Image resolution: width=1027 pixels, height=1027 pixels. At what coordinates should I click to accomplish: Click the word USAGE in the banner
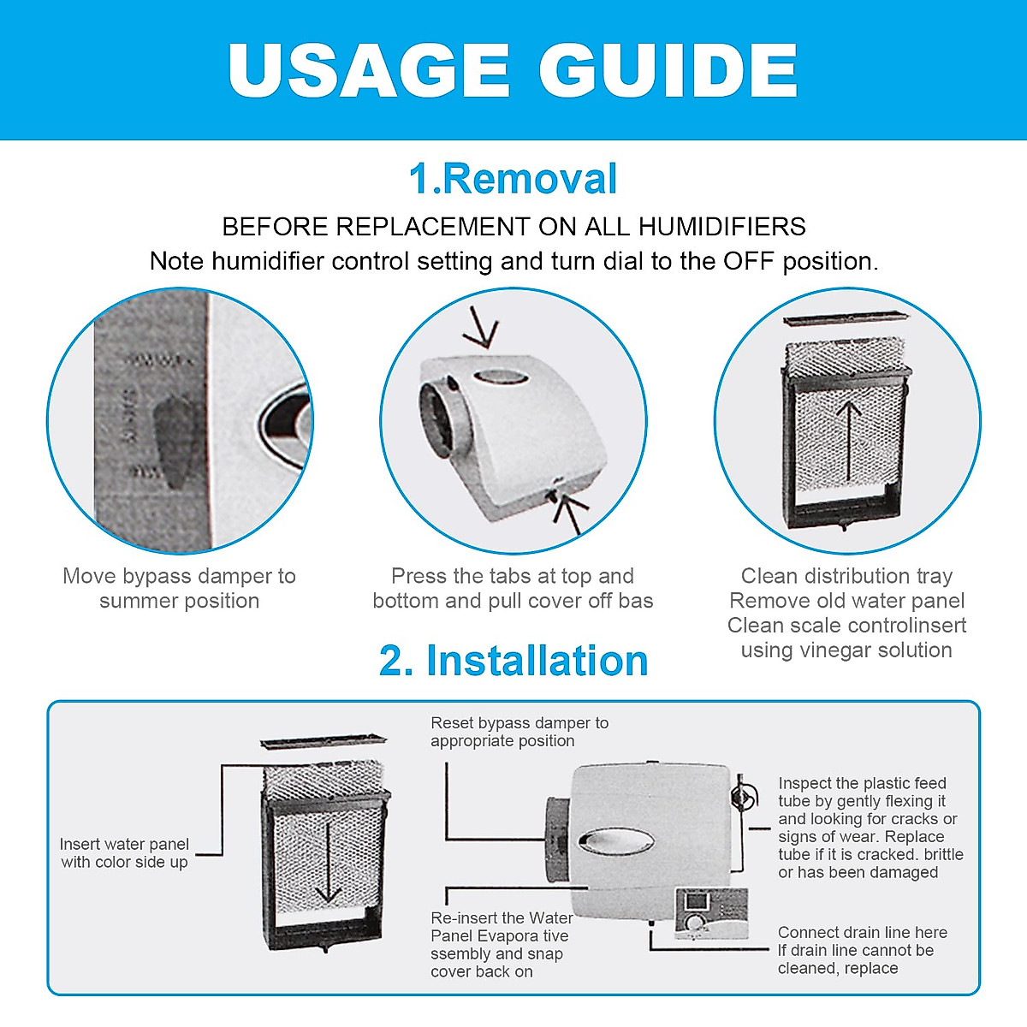point(368,70)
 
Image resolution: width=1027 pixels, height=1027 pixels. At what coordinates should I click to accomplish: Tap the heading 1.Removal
point(513,179)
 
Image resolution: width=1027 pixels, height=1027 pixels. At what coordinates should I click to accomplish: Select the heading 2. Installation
point(513,661)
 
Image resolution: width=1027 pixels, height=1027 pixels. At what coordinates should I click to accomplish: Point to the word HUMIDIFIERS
point(722,227)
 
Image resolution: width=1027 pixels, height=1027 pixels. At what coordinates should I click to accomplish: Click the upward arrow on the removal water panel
point(848,441)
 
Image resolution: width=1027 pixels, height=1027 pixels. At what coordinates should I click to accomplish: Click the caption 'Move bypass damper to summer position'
point(179,588)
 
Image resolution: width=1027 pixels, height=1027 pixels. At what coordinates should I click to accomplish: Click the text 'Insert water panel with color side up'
point(124,852)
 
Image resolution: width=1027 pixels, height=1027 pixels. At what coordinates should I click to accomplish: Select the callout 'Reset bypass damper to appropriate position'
point(519,732)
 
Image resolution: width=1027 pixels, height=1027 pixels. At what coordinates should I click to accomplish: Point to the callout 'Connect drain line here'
point(862,933)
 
